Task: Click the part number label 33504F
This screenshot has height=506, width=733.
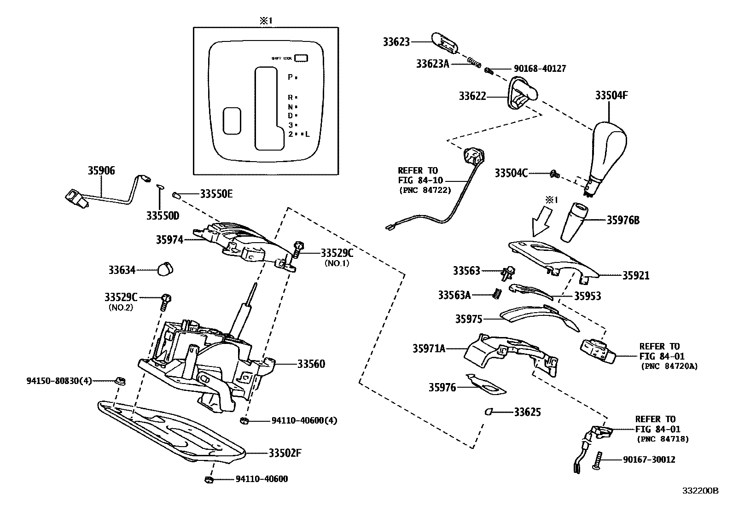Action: click(x=611, y=95)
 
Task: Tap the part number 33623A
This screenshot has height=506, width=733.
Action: click(x=432, y=64)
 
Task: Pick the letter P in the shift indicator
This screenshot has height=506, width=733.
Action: click(x=290, y=77)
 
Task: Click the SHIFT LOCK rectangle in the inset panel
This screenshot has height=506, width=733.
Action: click(x=301, y=58)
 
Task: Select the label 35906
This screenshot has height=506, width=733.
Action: click(x=101, y=171)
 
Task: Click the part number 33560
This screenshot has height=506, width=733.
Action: click(x=311, y=364)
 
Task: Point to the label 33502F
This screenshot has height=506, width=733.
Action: click(x=285, y=453)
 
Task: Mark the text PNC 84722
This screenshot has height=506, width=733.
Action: click(x=425, y=190)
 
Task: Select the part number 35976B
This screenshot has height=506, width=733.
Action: click(x=622, y=220)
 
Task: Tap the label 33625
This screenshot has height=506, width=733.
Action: click(x=527, y=412)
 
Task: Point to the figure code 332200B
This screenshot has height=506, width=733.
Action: click(x=699, y=491)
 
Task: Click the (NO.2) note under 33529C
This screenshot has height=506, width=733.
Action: click(x=121, y=307)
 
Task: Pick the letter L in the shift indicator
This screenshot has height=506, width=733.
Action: click(x=307, y=134)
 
